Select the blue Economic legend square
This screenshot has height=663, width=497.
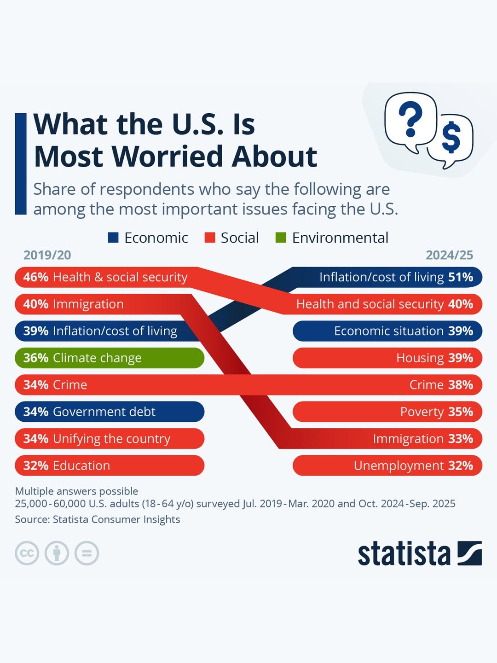coord(113,238)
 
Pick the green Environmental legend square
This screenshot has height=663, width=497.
coord(281,238)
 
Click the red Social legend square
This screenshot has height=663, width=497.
coord(210,238)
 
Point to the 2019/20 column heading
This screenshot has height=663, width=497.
coord(47,255)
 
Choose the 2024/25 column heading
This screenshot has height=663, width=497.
coord(449,255)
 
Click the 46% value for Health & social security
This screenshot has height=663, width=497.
coord(36,277)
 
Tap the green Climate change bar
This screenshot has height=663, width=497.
coord(110,358)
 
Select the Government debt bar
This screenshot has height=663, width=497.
coord(110,412)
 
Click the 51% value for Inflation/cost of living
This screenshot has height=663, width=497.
coord(460,277)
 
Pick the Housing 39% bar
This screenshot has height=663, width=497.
coord(387,358)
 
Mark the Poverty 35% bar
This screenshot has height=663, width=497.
coord(387,412)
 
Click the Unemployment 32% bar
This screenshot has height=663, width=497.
coord(387,465)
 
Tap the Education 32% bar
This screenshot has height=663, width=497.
coord(110,465)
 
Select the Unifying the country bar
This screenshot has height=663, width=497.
coord(110,439)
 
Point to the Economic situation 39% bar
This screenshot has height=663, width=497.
coord(387,331)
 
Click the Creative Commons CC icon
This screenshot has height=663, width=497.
coord(27,553)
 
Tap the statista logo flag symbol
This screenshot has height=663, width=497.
coord(469,553)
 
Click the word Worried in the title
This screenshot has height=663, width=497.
coord(171,157)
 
